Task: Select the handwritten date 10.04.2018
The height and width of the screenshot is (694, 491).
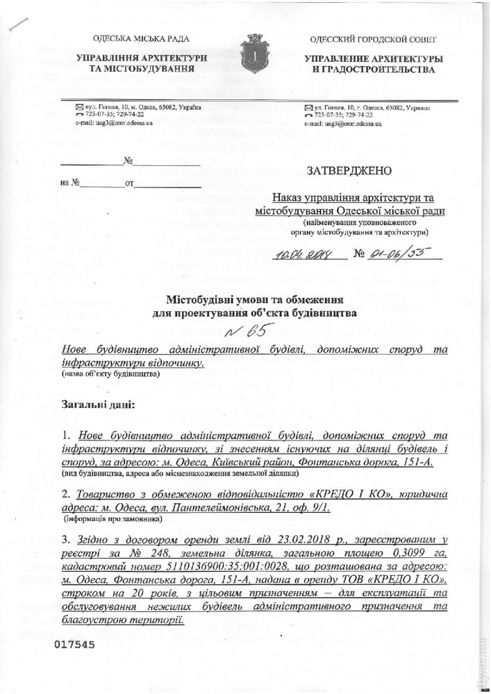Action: pyautogui.click(x=304, y=254)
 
